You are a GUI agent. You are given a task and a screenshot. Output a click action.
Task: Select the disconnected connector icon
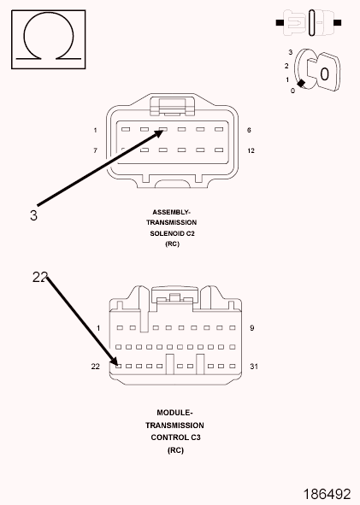point(309,22)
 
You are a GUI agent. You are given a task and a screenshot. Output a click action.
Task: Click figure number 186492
point(327,494)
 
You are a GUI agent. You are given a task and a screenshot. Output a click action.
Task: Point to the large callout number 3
point(33,215)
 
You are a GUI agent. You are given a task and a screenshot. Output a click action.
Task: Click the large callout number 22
point(40,277)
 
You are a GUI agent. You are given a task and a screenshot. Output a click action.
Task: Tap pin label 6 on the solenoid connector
point(249,130)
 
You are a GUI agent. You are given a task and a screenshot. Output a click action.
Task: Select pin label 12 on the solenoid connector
point(251,150)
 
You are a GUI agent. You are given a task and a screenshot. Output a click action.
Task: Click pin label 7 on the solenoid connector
point(95,150)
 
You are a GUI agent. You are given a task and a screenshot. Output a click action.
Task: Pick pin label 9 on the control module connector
point(252,328)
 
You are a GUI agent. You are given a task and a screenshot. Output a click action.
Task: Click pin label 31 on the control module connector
point(254,367)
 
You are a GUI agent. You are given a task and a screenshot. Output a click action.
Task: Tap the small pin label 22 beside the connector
point(96,367)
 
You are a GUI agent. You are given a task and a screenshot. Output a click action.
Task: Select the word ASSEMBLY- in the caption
point(172,212)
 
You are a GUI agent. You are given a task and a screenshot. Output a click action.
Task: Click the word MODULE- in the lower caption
point(174,413)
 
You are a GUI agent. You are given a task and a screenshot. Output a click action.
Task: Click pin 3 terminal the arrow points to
point(163,130)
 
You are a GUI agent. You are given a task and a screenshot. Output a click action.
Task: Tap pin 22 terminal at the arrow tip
point(119,367)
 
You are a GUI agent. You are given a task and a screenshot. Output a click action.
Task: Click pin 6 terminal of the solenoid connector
point(219,130)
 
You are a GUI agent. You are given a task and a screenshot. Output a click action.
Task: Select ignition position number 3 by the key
point(291,52)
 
